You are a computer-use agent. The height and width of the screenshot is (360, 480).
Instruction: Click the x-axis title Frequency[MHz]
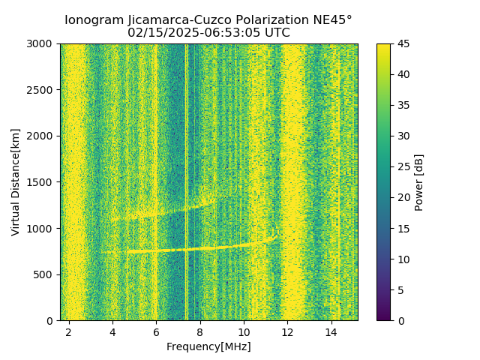click(208, 346)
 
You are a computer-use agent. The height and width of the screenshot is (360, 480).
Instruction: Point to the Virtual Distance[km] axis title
click(16, 181)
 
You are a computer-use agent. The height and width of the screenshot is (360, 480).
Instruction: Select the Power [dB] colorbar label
click(419, 181)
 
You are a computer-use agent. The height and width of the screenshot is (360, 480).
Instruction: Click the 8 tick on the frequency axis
click(200, 331)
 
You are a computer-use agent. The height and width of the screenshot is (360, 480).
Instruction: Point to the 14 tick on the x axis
click(331, 331)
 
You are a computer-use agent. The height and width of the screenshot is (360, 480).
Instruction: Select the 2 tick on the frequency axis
click(69, 331)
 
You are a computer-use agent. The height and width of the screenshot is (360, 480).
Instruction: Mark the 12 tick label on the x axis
click(287, 331)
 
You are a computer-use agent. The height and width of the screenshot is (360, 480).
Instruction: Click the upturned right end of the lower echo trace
click(275, 235)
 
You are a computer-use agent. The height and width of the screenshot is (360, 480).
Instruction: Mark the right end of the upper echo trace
click(215, 199)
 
